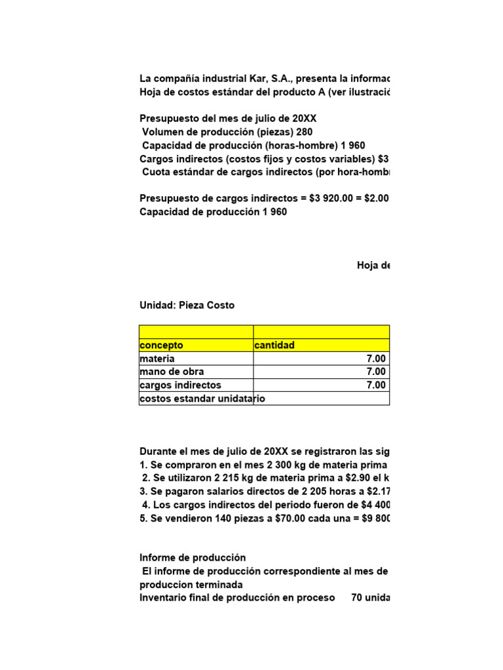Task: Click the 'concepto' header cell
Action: click(x=162, y=345)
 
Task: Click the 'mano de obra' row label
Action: click(x=172, y=372)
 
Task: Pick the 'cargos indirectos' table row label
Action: click(x=180, y=385)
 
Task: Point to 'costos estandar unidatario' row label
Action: click(x=202, y=398)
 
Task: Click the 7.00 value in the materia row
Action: click(x=376, y=359)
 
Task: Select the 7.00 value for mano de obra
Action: click(x=376, y=372)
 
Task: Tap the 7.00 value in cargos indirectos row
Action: click(x=376, y=385)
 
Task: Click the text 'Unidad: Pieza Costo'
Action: click(x=187, y=306)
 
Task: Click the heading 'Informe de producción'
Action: click(x=193, y=558)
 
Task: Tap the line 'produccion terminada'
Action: click(x=191, y=584)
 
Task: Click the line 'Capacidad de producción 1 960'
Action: click(x=213, y=212)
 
